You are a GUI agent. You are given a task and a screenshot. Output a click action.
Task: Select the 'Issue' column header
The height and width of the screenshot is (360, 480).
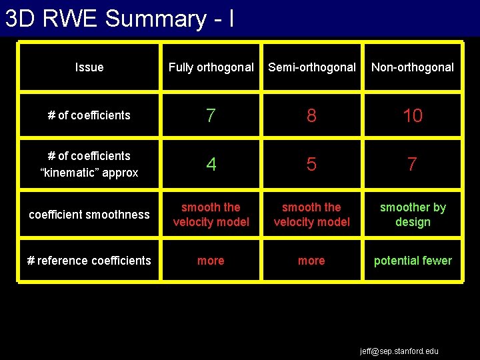point(89,67)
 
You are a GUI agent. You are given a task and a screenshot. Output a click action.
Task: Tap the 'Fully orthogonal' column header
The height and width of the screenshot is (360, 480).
point(211,67)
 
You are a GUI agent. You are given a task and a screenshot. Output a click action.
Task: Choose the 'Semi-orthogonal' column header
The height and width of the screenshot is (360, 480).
point(311,67)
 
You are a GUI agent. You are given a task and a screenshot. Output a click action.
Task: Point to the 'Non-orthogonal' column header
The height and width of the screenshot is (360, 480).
point(412,67)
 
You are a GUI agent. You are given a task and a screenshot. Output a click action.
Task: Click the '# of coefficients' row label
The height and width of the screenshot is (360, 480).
point(89,115)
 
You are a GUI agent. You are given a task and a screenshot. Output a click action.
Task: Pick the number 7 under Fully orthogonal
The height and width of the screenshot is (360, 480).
point(211,116)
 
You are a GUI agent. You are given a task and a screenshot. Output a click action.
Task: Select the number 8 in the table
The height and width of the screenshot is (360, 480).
point(311,116)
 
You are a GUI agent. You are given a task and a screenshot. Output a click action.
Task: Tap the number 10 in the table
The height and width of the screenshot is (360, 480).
point(412,116)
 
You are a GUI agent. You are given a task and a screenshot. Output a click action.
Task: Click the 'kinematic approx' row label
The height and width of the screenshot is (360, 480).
point(89,164)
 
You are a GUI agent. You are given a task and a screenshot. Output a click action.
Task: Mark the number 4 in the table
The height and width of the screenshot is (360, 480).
point(211,164)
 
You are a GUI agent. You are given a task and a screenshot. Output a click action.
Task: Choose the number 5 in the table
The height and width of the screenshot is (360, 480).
point(311,164)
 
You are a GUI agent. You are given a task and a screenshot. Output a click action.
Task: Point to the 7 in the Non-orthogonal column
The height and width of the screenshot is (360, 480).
point(412,164)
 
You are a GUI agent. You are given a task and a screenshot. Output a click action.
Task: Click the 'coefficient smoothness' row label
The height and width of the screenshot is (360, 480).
point(89,215)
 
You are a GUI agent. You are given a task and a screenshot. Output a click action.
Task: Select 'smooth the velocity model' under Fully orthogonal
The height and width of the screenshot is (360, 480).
point(211,215)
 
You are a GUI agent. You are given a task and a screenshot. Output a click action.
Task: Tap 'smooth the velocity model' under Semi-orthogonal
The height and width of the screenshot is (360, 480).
point(311,215)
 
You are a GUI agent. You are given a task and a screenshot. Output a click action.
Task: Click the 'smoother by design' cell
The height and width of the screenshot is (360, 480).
point(412,215)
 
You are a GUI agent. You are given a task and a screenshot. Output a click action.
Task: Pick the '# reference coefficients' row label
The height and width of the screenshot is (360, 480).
point(89,261)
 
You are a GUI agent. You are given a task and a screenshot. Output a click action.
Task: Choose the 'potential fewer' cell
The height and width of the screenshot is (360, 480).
point(412,261)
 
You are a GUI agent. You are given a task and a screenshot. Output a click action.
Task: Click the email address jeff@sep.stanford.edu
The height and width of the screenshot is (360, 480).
point(399,351)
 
